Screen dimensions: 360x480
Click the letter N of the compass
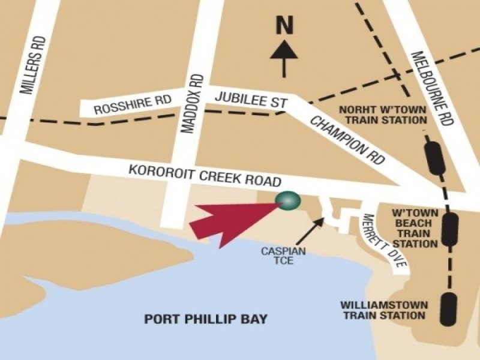[x=284, y=26]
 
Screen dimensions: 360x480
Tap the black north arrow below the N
[x=284, y=60]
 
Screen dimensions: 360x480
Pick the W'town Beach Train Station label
[x=414, y=228]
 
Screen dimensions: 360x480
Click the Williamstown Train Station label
[x=382, y=310]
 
